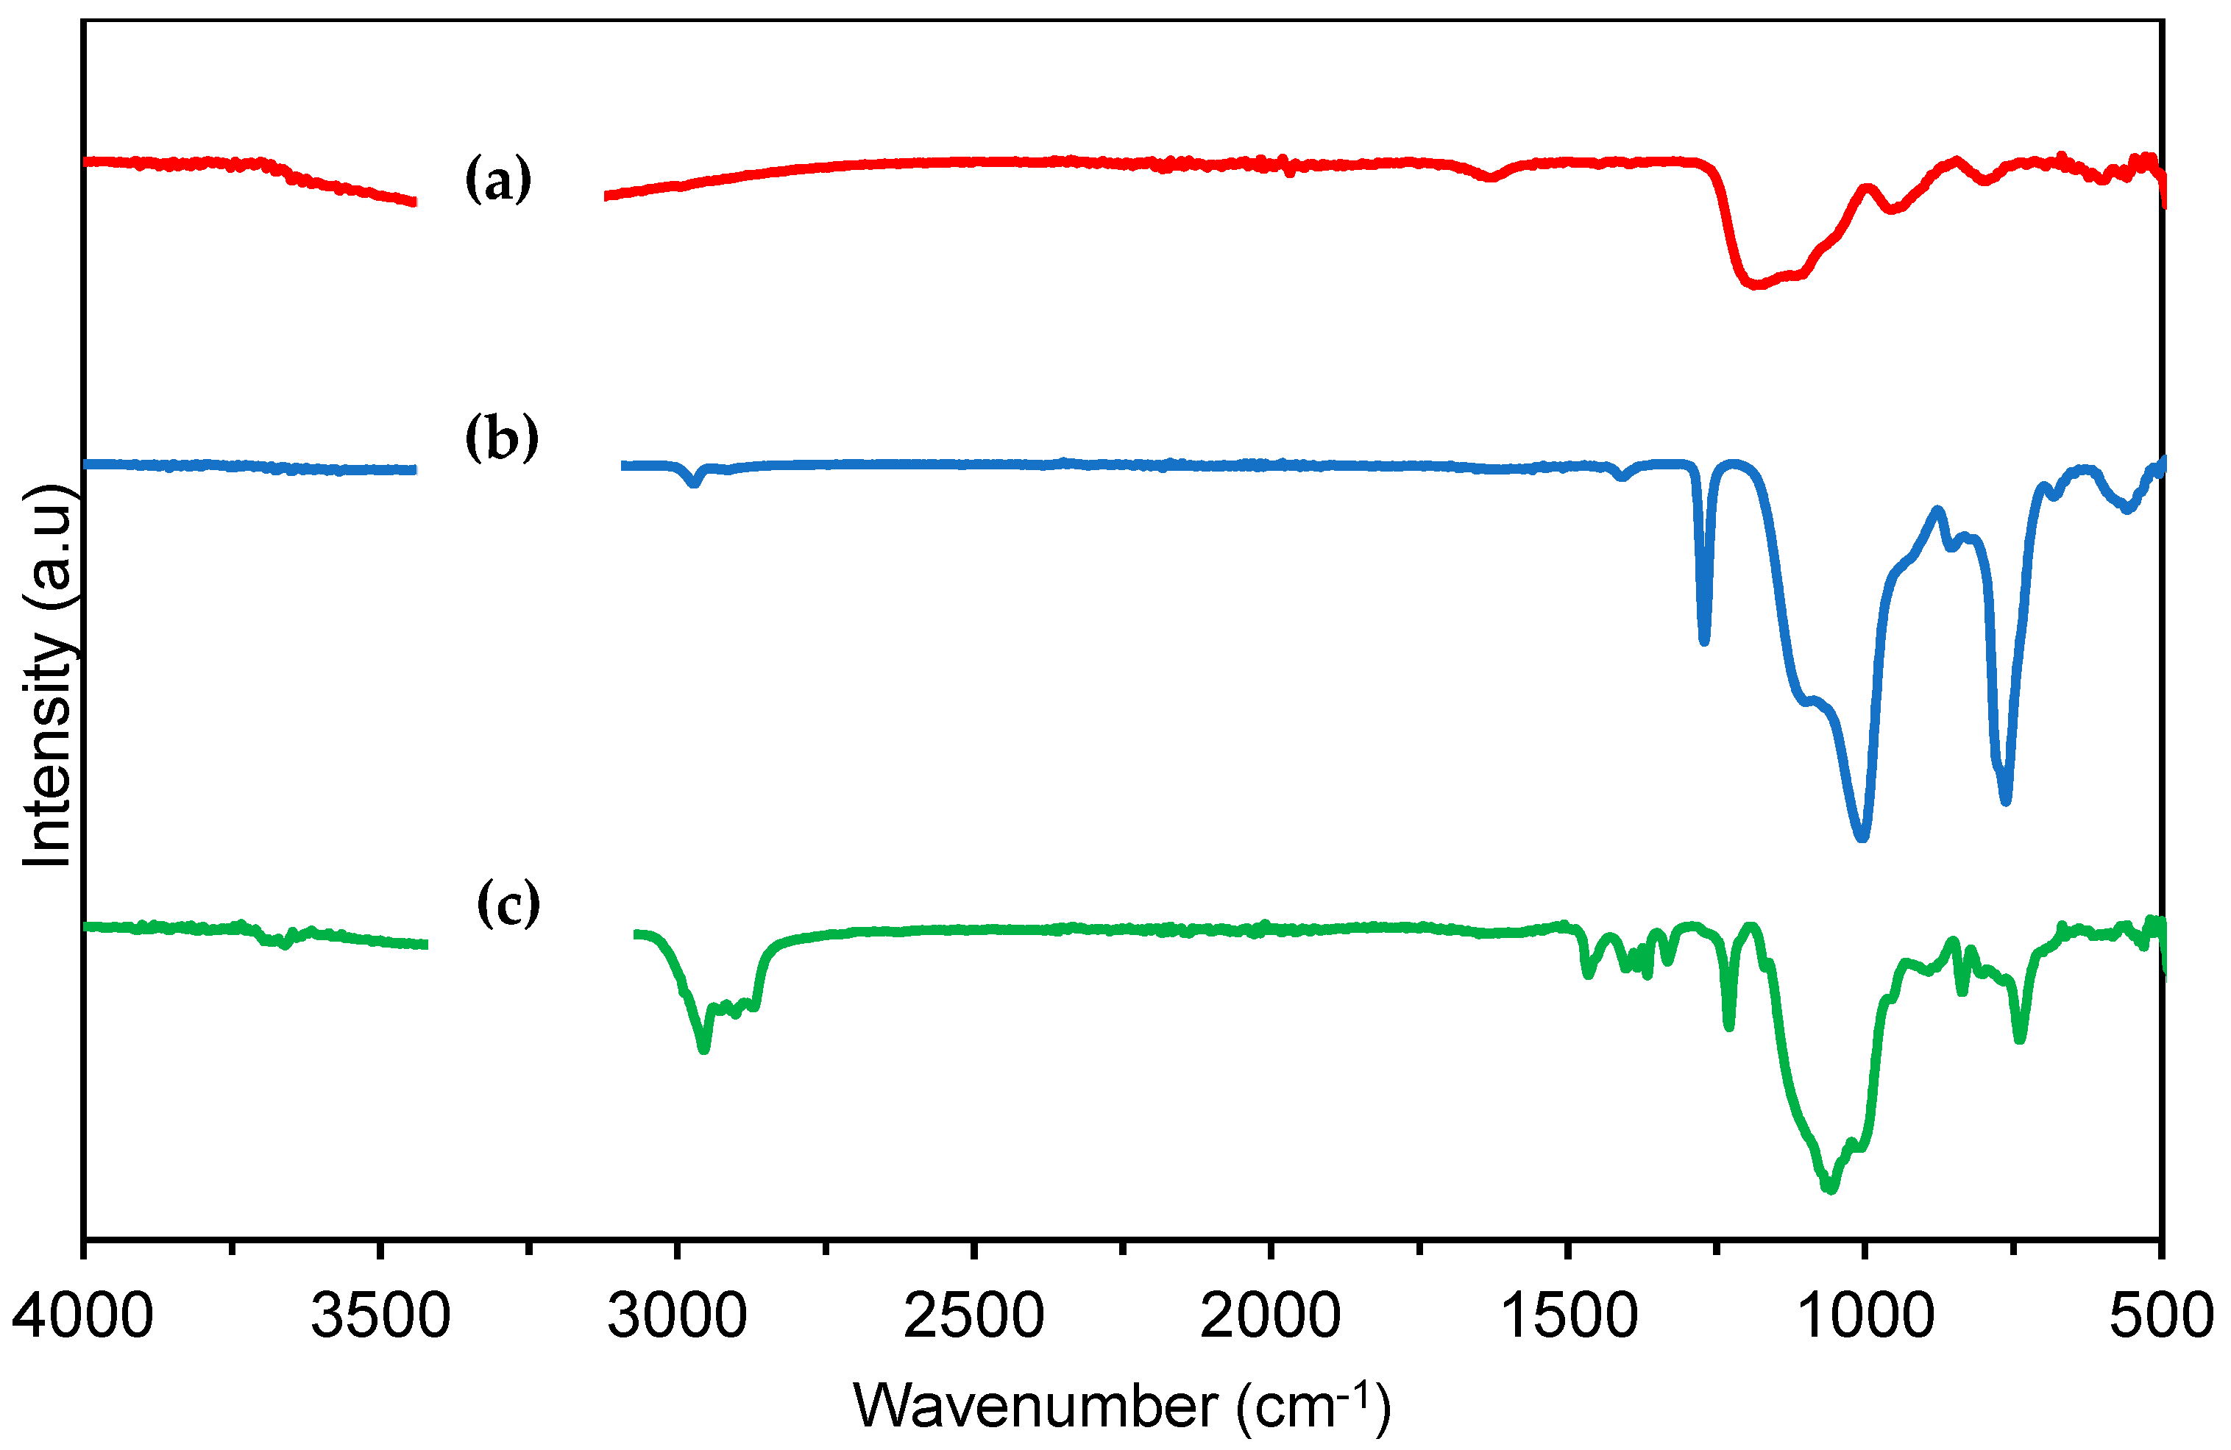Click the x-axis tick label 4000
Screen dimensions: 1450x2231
point(82,1316)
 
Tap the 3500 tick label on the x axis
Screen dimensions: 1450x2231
point(380,1316)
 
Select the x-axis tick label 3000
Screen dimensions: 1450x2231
point(677,1316)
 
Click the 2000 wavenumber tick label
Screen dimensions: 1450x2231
point(1270,1316)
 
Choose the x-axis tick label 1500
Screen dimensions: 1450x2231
point(1567,1316)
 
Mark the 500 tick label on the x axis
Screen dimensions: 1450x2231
point(2160,1316)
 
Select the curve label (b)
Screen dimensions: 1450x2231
point(502,438)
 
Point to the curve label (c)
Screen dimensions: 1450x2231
point(508,903)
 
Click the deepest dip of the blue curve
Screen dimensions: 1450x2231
point(1862,837)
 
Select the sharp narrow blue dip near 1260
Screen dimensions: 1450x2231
point(1704,641)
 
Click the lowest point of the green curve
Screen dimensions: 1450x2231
point(1831,1190)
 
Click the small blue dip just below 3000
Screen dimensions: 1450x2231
point(694,483)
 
